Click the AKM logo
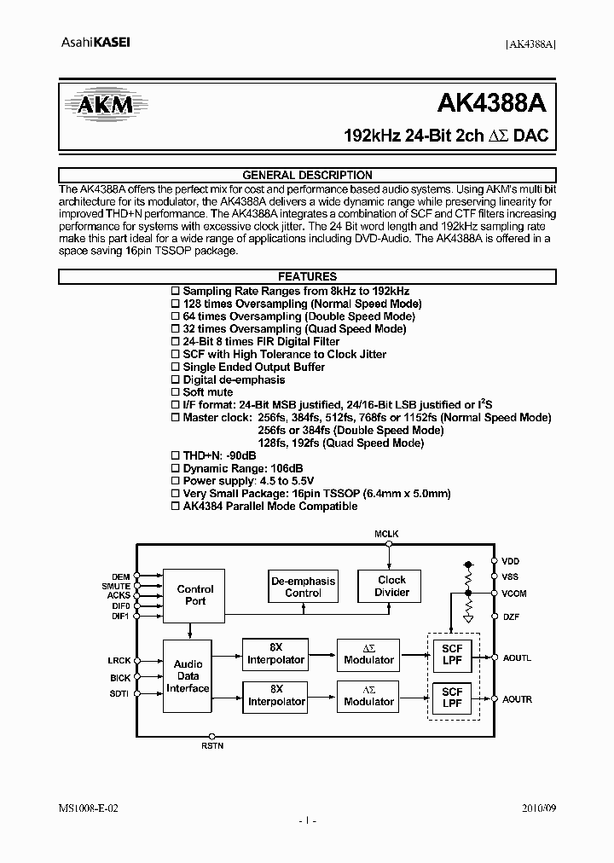click(x=100, y=105)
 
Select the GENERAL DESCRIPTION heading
click(x=307, y=175)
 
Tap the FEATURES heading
click(x=307, y=276)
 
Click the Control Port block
click(x=195, y=594)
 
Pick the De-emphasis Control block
click(x=303, y=587)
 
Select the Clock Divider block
click(x=391, y=586)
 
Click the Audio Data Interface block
click(x=188, y=675)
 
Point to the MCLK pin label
click(x=386, y=534)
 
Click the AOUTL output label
click(x=517, y=657)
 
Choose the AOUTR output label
click(x=517, y=699)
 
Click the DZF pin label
click(x=511, y=616)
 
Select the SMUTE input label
click(x=116, y=587)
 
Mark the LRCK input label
click(x=119, y=659)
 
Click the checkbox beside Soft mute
click(x=176, y=392)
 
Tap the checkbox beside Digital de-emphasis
click(x=176, y=379)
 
